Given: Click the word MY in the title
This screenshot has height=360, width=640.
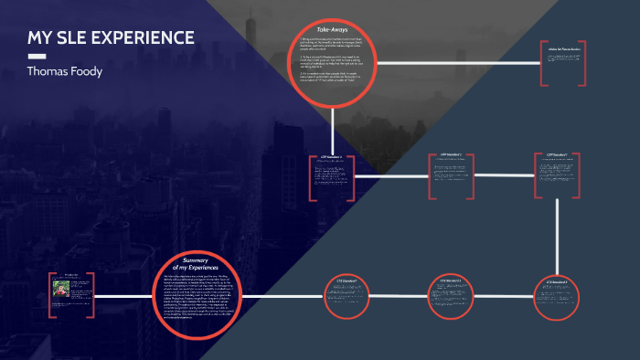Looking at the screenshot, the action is click(x=39, y=38).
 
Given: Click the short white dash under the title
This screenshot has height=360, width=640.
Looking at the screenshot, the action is click(x=37, y=56).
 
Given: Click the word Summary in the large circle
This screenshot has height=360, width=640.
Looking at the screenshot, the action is click(x=197, y=260).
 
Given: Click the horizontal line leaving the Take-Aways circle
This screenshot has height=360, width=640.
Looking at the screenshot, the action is click(x=457, y=63).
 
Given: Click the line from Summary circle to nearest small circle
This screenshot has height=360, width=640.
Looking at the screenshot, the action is click(x=283, y=294).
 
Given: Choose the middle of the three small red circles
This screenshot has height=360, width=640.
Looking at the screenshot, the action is click(x=454, y=294).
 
